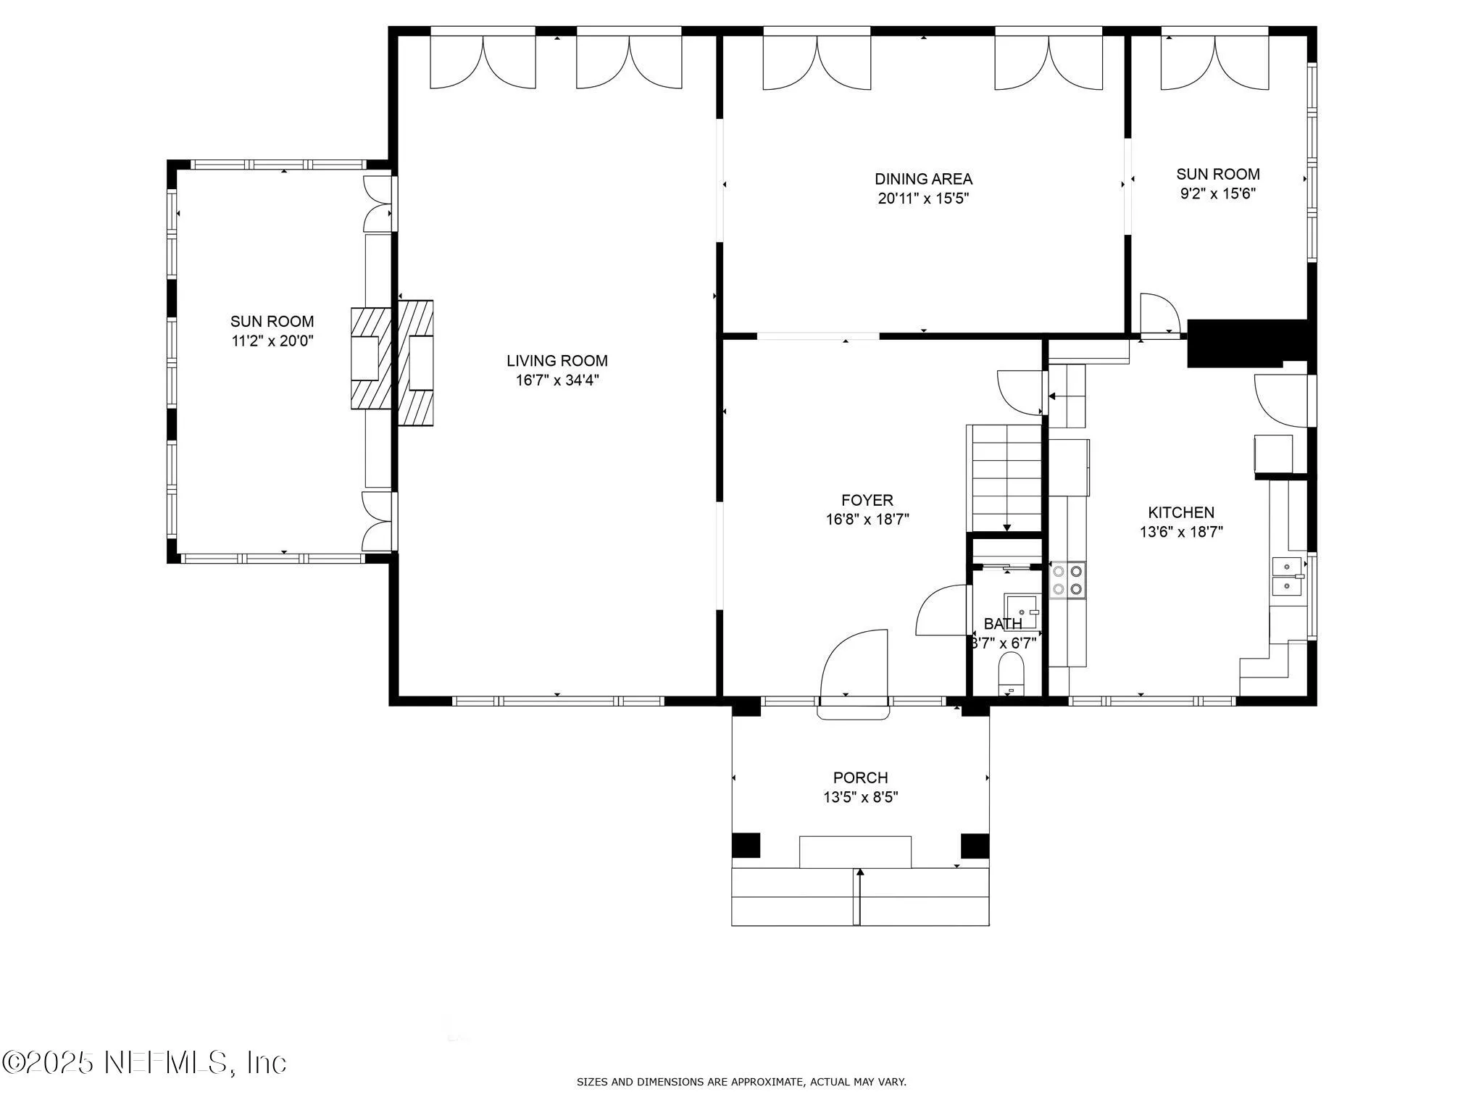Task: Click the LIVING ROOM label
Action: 556,361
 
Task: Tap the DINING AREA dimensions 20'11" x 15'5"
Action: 923,199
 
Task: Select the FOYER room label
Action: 867,500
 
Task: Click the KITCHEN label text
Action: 1181,512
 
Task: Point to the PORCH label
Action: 860,778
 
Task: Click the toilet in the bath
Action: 1011,671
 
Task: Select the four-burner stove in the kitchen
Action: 1068,580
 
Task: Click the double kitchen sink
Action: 1286,575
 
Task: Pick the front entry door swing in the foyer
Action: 859,663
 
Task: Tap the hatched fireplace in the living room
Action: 416,362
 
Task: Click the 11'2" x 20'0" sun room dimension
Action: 272,341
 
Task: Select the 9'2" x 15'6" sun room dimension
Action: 1217,193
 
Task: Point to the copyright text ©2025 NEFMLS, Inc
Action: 145,1062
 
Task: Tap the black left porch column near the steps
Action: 746,846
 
